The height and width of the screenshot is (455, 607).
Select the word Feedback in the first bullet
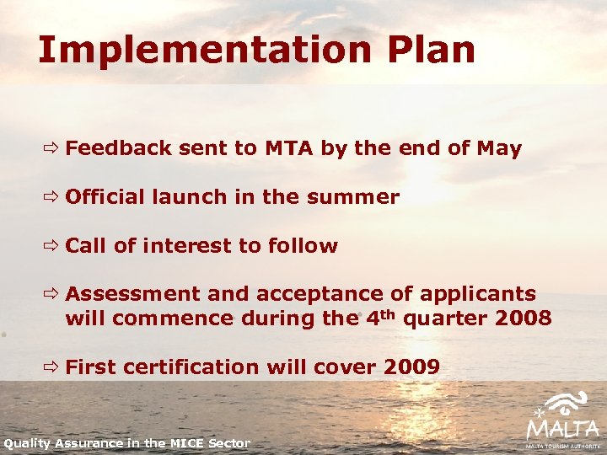(x=119, y=149)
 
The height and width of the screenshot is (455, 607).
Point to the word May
(x=498, y=149)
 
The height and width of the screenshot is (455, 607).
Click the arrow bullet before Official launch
(x=52, y=197)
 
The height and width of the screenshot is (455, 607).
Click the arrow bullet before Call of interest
(x=52, y=246)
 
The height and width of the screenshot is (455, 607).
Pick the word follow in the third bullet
(x=303, y=246)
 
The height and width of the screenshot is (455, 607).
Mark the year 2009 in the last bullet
(x=411, y=367)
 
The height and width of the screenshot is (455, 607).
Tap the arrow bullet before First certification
(x=52, y=367)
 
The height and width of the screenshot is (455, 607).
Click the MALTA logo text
(x=562, y=429)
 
